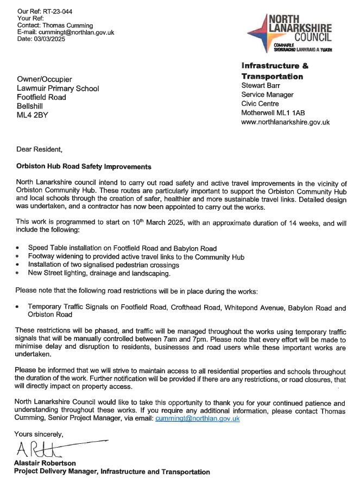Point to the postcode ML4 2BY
33,115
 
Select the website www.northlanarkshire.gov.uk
285,122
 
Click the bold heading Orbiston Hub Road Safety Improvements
84,166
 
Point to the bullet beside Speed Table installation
18,248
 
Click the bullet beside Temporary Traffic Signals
18,308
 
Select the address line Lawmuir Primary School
58,88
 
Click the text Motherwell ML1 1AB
273,113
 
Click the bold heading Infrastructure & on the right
275,66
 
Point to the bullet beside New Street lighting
18,273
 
